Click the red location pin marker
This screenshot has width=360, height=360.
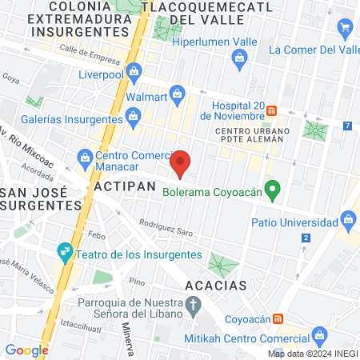[182, 162]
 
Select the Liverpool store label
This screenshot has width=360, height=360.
[98, 75]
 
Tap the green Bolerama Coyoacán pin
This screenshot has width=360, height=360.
[273, 191]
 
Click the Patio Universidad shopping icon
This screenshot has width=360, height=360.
[347, 218]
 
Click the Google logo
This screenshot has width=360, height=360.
[27, 350]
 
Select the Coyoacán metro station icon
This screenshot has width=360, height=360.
[278, 318]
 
